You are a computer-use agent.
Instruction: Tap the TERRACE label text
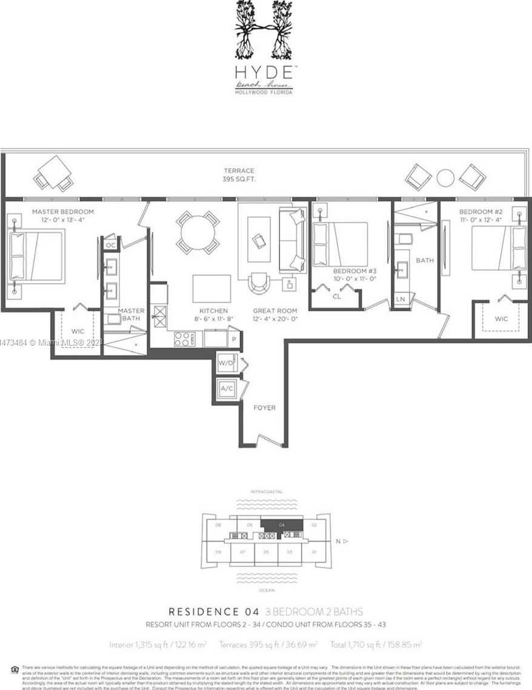pos(239,171)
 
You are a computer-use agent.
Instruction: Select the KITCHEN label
pos(213,310)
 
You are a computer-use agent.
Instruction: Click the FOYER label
pos(264,407)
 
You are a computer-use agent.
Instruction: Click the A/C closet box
pos(227,389)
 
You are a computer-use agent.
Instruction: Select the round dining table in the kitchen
pos(198,232)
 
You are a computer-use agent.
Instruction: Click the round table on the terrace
pos(445,177)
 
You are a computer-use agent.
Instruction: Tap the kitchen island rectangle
pos(211,288)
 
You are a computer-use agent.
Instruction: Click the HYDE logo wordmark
pos(265,72)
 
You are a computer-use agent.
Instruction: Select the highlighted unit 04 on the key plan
pos(281,526)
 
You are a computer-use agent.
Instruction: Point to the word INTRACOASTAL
pos(266,492)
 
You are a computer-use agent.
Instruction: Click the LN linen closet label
pos(401,300)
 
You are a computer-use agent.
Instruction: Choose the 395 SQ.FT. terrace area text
pos(239,180)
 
